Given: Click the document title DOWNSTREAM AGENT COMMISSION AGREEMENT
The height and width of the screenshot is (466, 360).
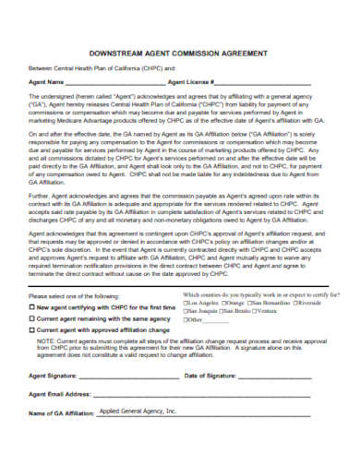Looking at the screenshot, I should [180, 54].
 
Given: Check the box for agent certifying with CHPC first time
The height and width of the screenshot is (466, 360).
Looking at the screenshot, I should [32, 331].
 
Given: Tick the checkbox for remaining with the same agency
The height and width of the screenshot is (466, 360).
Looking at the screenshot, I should [32, 343].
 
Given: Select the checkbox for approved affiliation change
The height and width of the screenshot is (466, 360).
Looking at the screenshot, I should [32, 354].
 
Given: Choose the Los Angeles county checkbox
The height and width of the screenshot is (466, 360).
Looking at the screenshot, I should [187, 329].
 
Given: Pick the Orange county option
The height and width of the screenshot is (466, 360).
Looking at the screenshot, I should [222, 329].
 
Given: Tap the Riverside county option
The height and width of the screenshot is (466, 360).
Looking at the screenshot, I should [299, 329].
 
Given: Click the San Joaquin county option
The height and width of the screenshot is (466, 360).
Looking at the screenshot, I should [187, 337].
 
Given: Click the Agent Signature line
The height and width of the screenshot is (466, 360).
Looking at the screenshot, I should [130, 401].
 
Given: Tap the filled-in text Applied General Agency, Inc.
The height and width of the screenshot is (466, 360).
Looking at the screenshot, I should [137, 436].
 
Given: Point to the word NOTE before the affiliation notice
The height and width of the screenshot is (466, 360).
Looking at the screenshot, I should [45, 365].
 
